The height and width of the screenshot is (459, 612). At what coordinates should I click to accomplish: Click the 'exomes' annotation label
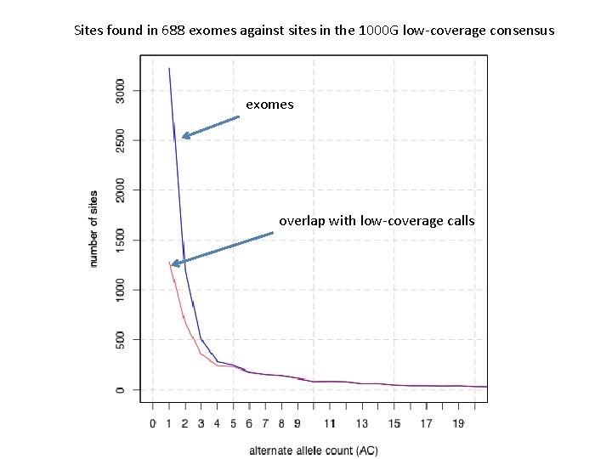tap(269, 105)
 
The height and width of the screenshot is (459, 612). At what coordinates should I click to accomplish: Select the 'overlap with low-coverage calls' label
tap(377, 221)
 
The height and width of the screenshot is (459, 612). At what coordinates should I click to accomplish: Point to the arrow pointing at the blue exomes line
tap(211, 127)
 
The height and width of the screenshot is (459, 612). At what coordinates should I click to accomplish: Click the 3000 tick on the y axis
tap(121, 89)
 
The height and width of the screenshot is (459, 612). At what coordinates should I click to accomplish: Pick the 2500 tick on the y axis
tap(121, 139)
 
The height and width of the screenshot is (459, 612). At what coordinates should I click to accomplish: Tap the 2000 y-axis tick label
tap(121, 190)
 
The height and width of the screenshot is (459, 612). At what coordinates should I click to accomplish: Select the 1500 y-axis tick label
tap(121, 240)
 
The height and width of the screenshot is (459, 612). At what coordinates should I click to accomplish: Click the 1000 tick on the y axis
tap(121, 290)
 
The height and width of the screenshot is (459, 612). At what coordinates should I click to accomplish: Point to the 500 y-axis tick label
tap(121, 340)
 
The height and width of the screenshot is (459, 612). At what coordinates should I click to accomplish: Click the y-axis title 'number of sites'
tap(94, 229)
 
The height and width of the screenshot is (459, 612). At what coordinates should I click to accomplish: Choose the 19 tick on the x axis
tap(458, 422)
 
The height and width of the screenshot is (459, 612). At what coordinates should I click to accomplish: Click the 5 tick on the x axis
tap(233, 422)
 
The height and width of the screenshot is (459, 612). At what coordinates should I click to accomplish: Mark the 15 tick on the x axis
tap(394, 422)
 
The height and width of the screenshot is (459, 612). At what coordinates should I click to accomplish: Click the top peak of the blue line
tap(169, 68)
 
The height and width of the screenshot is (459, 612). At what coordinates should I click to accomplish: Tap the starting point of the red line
tap(169, 262)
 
